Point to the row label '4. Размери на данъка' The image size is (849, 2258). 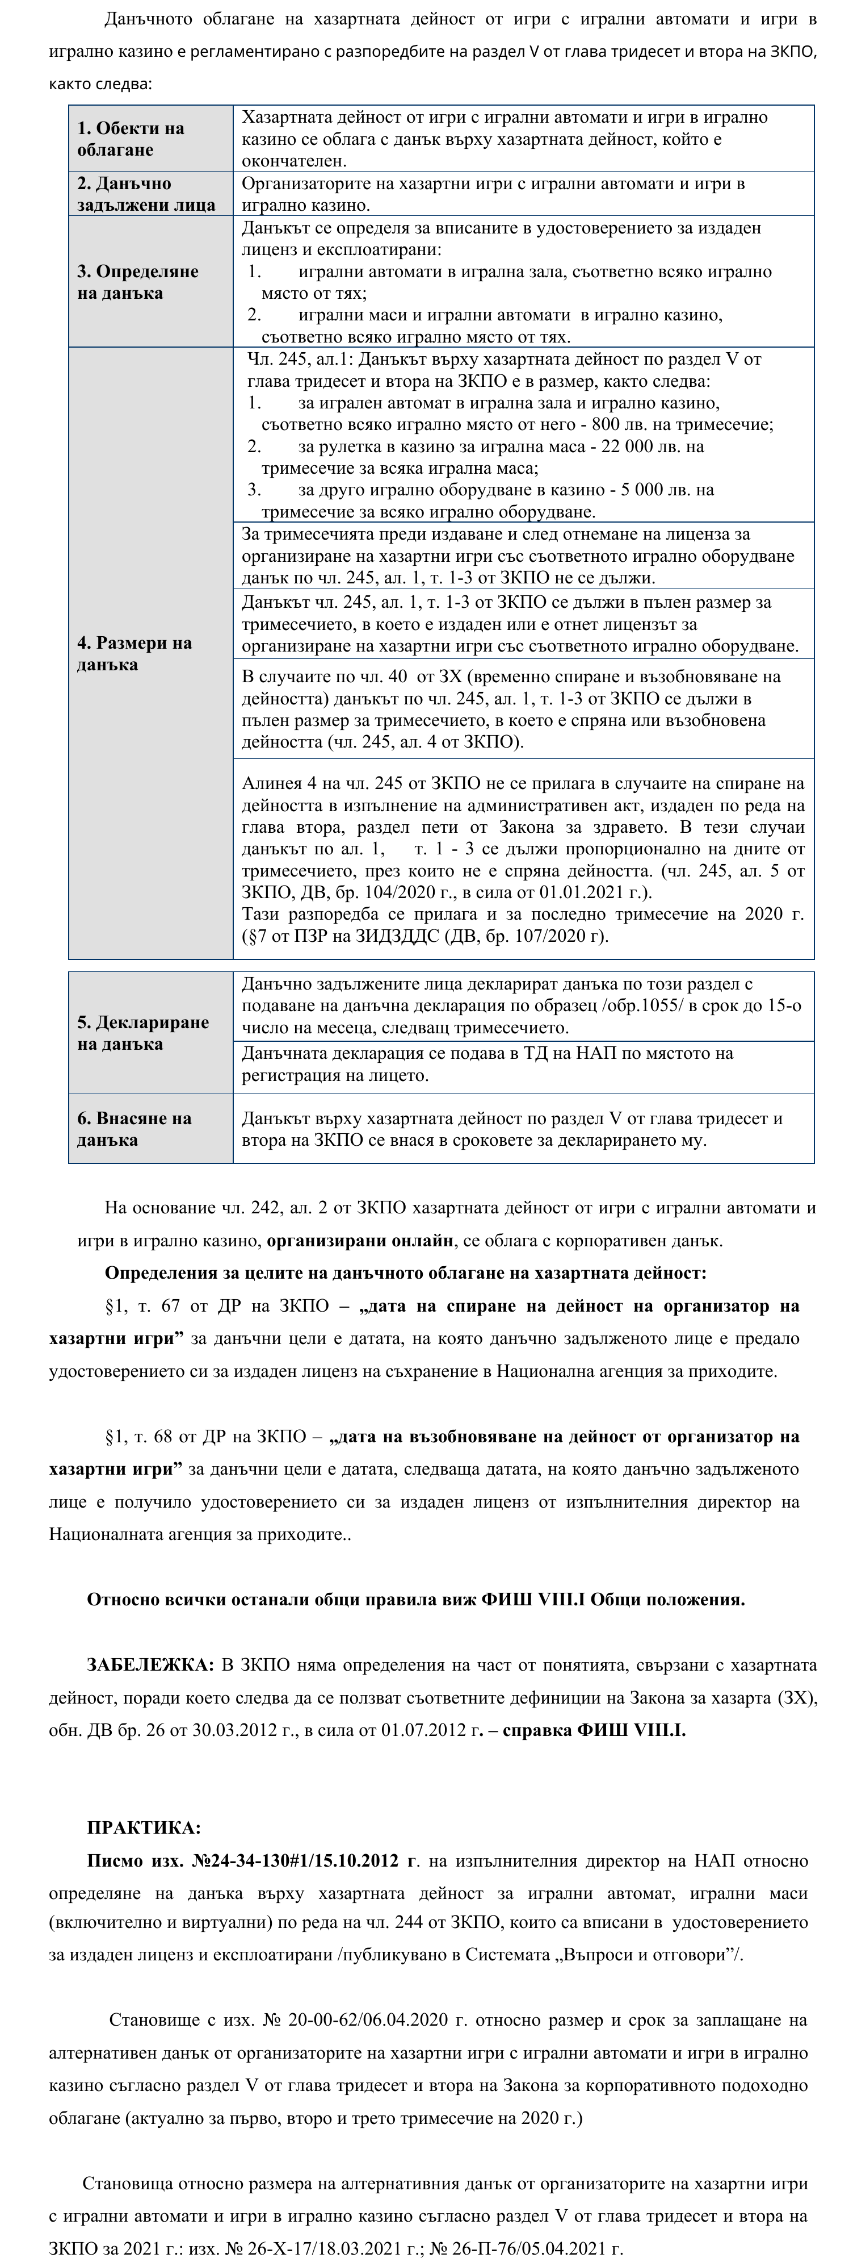(x=134, y=653)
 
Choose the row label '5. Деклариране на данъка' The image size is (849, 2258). (x=143, y=1033)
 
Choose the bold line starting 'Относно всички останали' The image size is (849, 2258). (x=415, y=1599)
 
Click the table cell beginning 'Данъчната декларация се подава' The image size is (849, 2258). (x=523, y=1064)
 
